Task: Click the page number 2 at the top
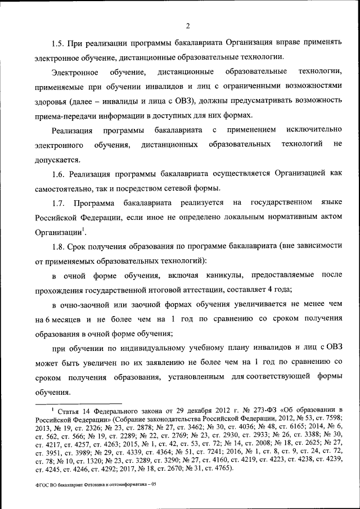coord(188,25)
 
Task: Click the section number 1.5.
coord(58,43)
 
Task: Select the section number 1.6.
coord(58,174)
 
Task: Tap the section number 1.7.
coord(58,202)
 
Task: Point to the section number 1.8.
coord(58,246)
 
